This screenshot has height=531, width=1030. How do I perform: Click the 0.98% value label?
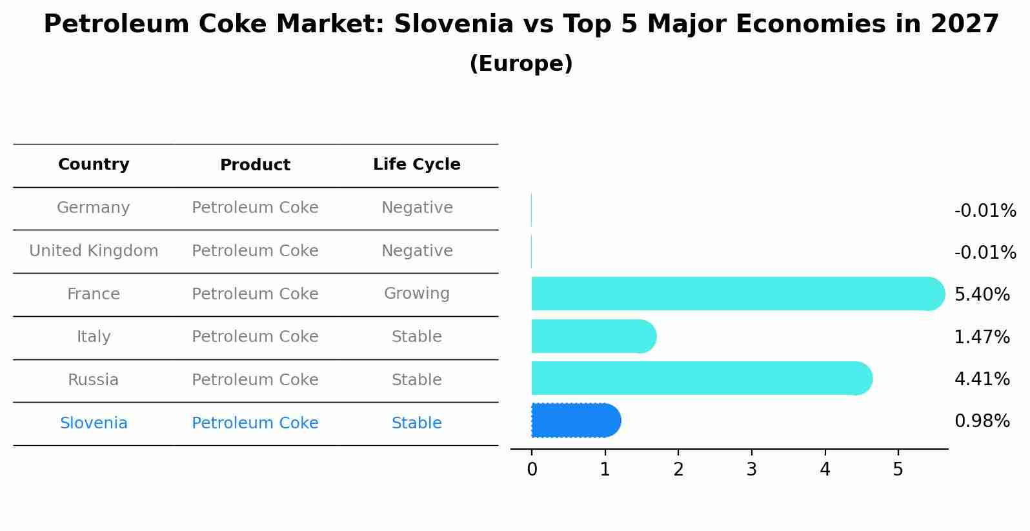pos(982,421)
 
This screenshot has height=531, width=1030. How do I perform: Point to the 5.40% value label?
pos(982,295)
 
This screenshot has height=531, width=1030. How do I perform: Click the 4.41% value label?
pos(982,379)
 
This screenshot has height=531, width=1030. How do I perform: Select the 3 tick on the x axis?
pos(751,470)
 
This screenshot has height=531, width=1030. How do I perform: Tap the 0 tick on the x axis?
pos(532,470)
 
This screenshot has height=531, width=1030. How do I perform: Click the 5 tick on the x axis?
pos(898,470)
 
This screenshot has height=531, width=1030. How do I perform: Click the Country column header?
pos(94,165)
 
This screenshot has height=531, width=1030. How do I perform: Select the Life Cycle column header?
pos(416,165)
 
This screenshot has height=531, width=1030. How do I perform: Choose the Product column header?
pos(255,165)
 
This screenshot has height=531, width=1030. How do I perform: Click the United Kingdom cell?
pos(94,251)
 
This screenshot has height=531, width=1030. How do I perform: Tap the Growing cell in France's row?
pos(416,294)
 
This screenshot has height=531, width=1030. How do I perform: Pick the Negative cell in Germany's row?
pos(416,208)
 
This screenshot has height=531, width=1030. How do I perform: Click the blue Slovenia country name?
pos(94,423)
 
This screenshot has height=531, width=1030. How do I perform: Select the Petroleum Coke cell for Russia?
pos(255,380)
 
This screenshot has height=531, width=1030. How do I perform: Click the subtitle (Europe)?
pos(521,64)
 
